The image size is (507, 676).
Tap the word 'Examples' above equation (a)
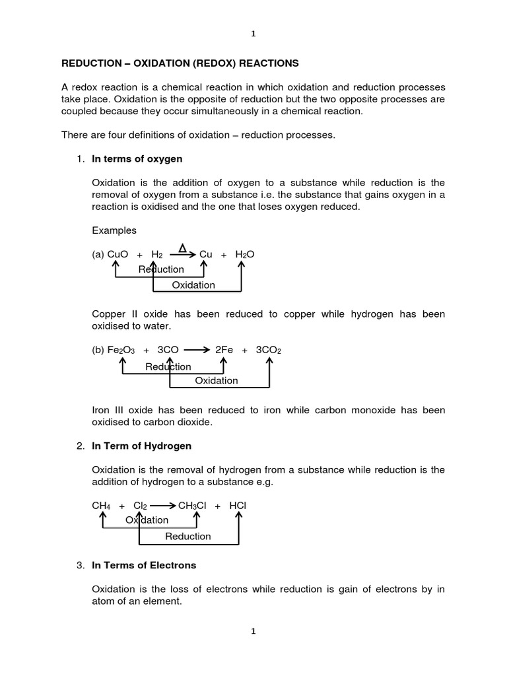(114, 230)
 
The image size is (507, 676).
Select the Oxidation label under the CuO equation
(193, 285)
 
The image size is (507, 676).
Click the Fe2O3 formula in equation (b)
(121, 351)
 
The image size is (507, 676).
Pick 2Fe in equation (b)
(224, 351)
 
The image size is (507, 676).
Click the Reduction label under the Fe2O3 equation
(168, 366)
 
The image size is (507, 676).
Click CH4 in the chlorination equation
(101, 505)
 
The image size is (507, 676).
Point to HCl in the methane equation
(238, 505)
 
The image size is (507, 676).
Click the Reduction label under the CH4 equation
(188, 536)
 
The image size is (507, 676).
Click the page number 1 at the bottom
(253, 631)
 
